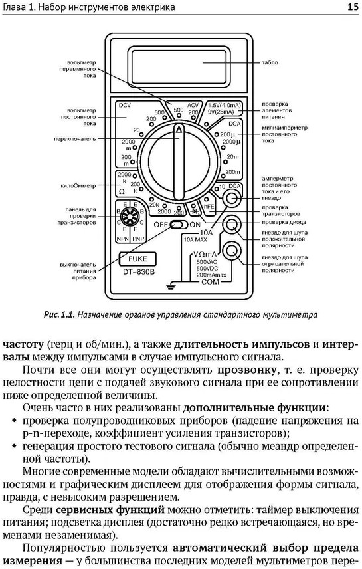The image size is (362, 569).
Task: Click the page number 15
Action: tap(353, 7)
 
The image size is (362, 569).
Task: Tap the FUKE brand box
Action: tap(137, 259)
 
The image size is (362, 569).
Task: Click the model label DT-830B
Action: tap(137, 271)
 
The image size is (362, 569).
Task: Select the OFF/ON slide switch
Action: tap(179, 225)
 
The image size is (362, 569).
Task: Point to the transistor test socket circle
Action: tap(128, 217)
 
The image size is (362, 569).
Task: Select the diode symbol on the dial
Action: tap(195, 210)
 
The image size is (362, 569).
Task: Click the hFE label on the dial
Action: tap(209, 207)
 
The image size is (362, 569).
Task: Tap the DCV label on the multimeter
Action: tap(124, 105)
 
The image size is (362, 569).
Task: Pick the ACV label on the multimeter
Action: tap(193, 105)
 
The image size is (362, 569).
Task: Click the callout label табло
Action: tap(270, 62)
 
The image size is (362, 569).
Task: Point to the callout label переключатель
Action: tap(75, 139)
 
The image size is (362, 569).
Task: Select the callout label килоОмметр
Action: tap(78, 186)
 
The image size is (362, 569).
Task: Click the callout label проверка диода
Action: tap(284, 222)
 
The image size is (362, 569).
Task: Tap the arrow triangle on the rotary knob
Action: tap(179, 130)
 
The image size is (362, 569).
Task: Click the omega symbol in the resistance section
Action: tap(122, 191)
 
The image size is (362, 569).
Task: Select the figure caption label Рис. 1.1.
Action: tap(59, 314)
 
